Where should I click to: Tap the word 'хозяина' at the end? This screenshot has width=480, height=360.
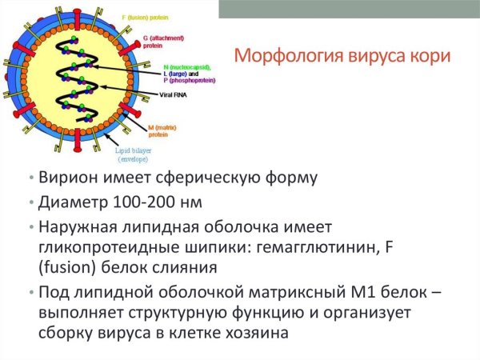(x=258, y=333)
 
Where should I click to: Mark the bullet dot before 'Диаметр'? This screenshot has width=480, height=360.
(x=30, y=201)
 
